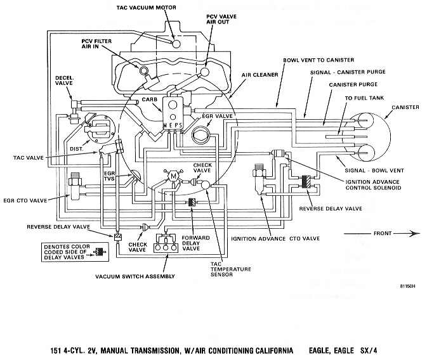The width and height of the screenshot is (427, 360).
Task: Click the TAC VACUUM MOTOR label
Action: point(146,8)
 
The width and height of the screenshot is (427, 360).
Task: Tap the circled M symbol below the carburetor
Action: point(173,177)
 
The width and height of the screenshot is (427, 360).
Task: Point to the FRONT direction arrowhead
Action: point(415,233)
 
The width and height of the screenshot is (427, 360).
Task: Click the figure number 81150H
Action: point(408,286)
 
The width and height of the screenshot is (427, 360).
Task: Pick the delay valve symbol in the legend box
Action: point(100,252)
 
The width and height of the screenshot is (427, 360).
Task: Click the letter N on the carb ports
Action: point(165,125)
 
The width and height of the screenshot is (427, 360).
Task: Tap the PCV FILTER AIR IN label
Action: point(96,44)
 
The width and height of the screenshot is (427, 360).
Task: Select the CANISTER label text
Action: point(405,107)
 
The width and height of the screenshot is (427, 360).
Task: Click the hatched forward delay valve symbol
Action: point(192,202)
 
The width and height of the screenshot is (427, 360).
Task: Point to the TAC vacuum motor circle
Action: point(176,44)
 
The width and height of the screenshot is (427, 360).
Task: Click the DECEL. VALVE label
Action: point(64,80)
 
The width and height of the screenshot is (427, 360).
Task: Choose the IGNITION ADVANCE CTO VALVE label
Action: point(275,239)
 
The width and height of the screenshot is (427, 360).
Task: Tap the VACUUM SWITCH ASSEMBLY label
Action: point(135,276)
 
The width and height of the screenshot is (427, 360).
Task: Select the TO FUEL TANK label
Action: point(364,98)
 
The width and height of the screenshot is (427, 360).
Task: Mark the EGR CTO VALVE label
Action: point(25,201)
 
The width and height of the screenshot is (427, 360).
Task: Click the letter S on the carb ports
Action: point(180,125)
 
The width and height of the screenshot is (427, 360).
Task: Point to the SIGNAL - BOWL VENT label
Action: point(374,170)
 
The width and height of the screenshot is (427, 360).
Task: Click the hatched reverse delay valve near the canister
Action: point(306,182)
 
